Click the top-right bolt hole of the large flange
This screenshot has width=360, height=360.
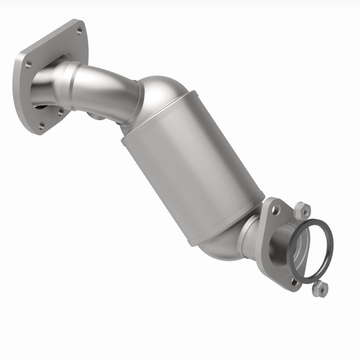click(80, 31)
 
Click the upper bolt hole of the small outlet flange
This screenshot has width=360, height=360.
click(274, 207)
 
